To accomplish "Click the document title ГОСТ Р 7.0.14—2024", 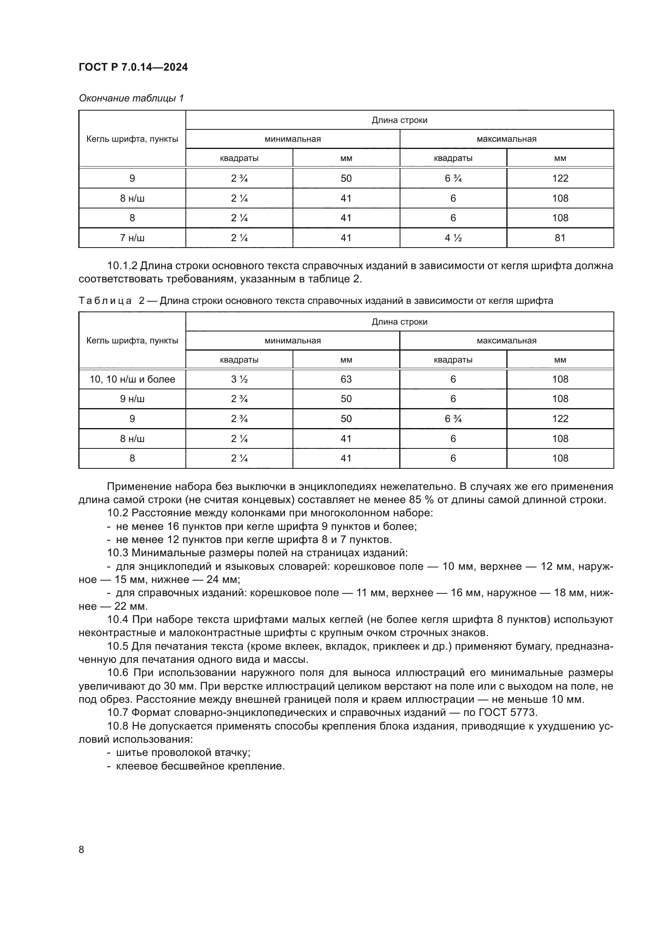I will (x=133, y=67).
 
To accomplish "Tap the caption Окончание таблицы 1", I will (x=131, y=98).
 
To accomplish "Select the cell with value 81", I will (x=559, y=238).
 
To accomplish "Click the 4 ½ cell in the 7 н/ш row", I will (x=453, y=238).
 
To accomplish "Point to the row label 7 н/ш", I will (x=132, y=238).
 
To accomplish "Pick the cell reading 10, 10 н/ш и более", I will (x=132, y=379).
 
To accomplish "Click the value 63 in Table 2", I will (x=346, y=379).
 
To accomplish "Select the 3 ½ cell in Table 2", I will (x=239, y=379).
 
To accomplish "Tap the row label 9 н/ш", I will (x=132, y=399).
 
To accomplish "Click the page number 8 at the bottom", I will (x=82, y=849).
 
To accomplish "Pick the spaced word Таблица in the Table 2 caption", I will (x=105, y=301).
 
